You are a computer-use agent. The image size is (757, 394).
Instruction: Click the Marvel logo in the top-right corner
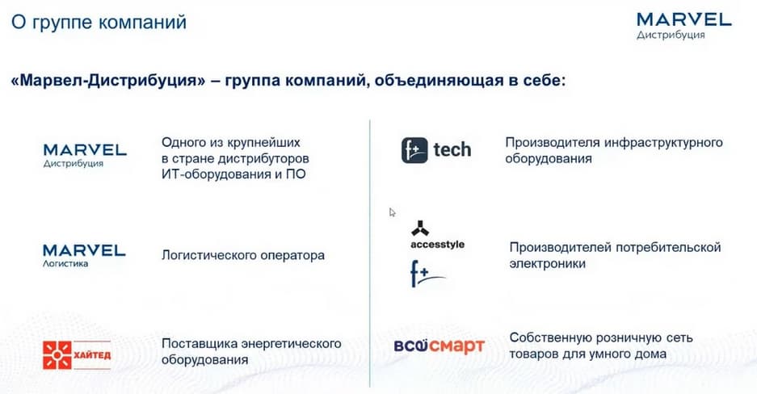click(x=684, y=26)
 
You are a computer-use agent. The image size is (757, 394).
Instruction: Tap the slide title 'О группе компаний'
click(x=99, y=22)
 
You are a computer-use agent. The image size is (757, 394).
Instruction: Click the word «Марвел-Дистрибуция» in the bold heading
click(x=108, y=80)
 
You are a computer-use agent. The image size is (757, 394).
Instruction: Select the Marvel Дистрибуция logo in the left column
click(x=85, y=155)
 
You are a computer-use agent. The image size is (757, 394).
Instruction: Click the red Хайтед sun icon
click(x=57, y=355)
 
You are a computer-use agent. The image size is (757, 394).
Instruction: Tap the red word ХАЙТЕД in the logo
click(x=92, y=355)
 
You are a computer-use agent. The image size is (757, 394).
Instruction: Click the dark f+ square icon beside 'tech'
click(x=414, y=150)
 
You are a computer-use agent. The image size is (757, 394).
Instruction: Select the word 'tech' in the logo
click(x=452, y=150)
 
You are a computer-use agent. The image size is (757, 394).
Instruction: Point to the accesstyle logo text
click(x=437, y=245)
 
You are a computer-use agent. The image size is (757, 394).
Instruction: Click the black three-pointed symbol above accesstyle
click(x=420, y=228)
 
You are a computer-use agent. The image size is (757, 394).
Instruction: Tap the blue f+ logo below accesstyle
click(x=427, y=274)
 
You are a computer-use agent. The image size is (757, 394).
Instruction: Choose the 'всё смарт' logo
click(x=439, y=346)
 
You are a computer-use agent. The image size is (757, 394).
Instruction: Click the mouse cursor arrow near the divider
click(x=392, y=212)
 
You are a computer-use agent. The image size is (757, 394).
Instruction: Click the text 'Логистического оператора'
click(x=243, y=255)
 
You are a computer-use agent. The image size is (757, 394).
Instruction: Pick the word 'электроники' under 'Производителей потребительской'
click(x=548, y=264)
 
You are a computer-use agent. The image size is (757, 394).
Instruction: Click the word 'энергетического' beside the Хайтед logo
click(x=291, y=344)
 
